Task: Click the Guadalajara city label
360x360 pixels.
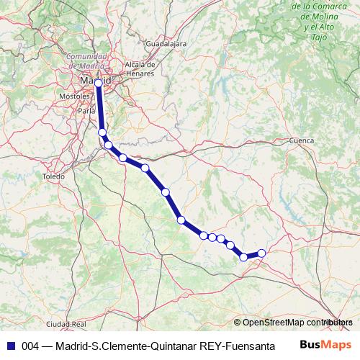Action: point(166,43)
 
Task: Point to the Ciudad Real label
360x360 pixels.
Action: point(65,324)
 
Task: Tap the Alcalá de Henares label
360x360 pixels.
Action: point(141,68)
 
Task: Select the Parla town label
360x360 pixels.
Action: point(86,112)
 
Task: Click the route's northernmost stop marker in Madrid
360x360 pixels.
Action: point(99,84)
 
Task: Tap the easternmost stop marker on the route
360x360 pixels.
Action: point(261,253)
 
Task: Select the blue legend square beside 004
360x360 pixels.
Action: point(10,345)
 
